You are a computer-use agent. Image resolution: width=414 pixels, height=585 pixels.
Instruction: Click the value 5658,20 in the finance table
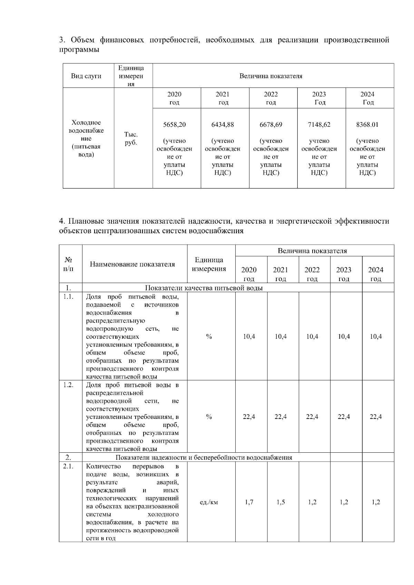coord(174,125)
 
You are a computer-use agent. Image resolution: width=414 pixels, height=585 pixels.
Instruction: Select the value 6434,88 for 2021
coord(223,125)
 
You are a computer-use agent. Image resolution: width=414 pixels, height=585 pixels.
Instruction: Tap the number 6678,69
coord(271,125)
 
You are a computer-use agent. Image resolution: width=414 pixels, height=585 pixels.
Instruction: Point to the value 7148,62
coord(319,125)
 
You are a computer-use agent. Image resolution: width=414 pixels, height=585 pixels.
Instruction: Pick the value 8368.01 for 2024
coord(367,125)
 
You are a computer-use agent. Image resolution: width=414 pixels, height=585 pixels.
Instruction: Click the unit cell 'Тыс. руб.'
coord(131,138)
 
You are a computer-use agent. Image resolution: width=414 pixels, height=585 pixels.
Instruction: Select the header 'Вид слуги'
coord(86,76)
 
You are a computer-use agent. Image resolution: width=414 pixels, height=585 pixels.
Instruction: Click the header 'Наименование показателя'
coord(132,264)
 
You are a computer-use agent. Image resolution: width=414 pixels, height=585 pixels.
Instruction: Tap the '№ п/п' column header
coord(68,264)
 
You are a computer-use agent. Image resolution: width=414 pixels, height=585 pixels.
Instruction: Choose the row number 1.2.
coord(68,385)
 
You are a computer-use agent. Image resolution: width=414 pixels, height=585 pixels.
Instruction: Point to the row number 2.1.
coord(68,466)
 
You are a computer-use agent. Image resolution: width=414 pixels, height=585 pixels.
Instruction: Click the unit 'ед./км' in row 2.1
coord(209,502)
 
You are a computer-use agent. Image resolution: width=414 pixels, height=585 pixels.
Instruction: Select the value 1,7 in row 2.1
coord(249,502)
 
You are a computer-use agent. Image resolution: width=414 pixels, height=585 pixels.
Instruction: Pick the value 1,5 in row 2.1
coord(281,502)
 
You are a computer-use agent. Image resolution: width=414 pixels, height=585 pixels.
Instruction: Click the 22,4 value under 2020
coord(249,417)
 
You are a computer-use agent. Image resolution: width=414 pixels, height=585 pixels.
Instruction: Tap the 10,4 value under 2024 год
coord(376,337)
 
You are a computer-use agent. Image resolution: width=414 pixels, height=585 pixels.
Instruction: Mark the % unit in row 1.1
coord(209,337)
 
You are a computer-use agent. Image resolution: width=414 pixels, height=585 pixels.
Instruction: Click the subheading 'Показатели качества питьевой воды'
coord(204,288)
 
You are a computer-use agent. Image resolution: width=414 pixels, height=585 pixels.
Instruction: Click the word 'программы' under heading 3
coord(79,50)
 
